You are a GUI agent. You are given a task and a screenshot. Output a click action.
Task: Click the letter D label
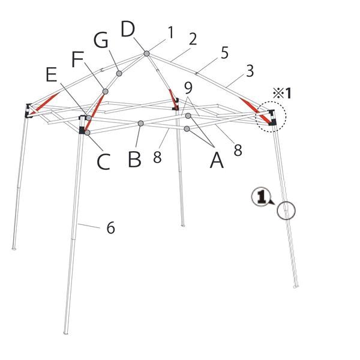pyautogui.click(x=128, y=29)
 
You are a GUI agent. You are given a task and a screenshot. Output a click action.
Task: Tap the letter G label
pyautogui.click(x=101, y=41)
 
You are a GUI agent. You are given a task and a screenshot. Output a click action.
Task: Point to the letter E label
pyautogui.click(x=52, y=74)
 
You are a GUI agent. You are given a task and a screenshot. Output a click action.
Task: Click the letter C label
pyautogui.click(x=103, y=161)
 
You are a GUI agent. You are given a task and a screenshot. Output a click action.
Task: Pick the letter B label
pyautogui.click(x=135, y=160)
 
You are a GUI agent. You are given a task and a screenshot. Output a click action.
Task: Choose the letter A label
pyautogui.click(x=215, y=160)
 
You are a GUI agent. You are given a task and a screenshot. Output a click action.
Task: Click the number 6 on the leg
pyautogui.click(x=110, y=228)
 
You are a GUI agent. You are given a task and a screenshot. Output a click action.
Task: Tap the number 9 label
pyautogui.click(x=188, y=87)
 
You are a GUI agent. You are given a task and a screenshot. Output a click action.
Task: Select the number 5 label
pyautogui.click(x=224, y=53)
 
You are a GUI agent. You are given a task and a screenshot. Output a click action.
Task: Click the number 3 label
pyautogui.click(x=250, y=71)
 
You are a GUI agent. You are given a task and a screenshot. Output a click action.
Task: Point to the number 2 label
pyautogui.click(x=193, y=39)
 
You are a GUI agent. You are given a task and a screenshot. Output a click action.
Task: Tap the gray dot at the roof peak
pyautogui.click(x=146, y=54)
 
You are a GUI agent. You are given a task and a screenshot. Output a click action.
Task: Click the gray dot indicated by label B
pyautogui.click(x=140, y=124)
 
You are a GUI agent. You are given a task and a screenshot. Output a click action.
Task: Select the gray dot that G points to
pyautogui.click(x=119, y=73)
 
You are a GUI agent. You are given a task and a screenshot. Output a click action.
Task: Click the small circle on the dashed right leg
pyautogui.click(x=287, y=210)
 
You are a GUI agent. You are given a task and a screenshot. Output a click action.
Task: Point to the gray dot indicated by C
pyautogui.click(x=88, y=133)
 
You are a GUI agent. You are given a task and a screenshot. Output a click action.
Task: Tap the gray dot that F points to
pyautogui.click(x=105, y=91)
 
